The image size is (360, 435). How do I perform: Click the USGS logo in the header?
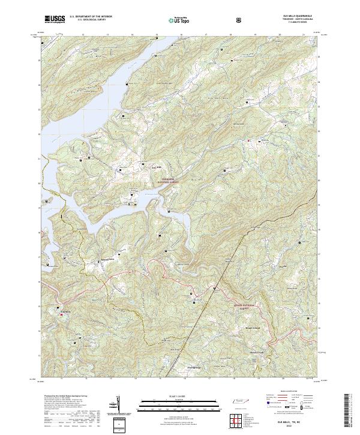(x=55, y=19)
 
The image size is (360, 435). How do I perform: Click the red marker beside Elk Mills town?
(x=61, y=314)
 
